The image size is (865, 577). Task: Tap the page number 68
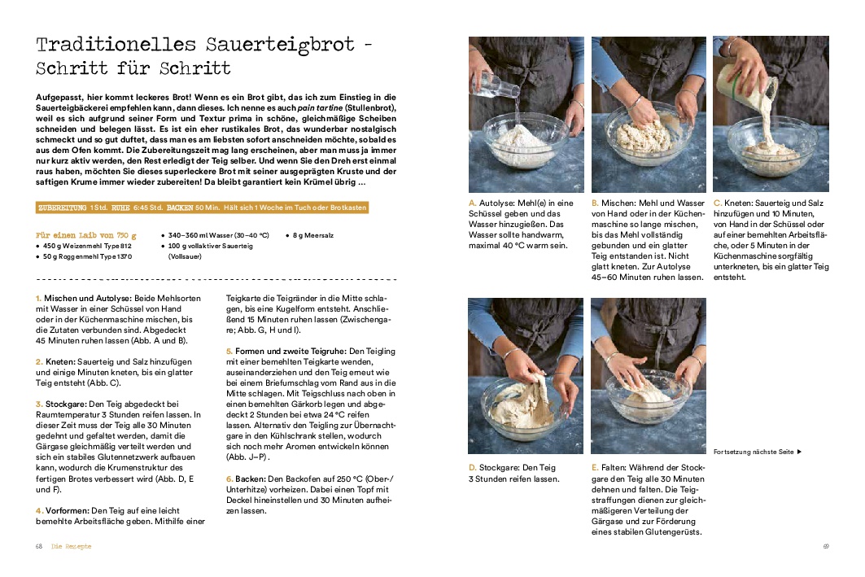click(x=38, y=546)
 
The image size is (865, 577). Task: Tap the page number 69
click(x=826, y=546)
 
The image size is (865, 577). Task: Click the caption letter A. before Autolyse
click(x=473, y=203)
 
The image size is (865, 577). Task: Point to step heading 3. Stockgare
click(x=64, y=403)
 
